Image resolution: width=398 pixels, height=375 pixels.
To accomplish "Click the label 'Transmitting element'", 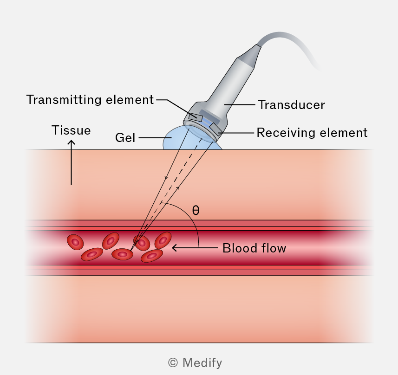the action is (x=90, y=100).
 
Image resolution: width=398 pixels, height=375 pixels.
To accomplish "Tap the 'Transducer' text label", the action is (x=291, y=105).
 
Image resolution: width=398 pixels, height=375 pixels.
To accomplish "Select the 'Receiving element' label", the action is (x=312, y=133).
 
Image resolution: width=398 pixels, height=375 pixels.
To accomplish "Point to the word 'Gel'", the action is (x=125, y=138).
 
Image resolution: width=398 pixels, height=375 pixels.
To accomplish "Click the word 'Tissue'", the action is (x=71, y=130).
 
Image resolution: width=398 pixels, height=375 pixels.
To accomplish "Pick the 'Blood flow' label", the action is (x=254, y=248).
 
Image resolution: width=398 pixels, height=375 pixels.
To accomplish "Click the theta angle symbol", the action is (x=196, y=210).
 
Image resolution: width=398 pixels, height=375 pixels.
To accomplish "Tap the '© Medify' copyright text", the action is (x=195, y=362).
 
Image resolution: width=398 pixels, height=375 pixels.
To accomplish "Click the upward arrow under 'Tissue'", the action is (x=72, y=163).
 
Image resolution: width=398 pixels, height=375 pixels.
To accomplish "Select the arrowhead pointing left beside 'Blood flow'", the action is (x=174, y=248).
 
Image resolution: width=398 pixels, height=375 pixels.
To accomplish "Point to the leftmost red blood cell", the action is (x=75, y=242).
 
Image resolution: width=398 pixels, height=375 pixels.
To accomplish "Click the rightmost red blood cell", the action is (x=163, y=240).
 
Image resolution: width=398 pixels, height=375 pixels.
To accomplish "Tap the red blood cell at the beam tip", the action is (x=122, y=254).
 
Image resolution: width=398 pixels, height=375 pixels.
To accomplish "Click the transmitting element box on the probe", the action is (x=196, y=117).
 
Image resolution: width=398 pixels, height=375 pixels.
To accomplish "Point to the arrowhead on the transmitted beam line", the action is (x=166, y=178).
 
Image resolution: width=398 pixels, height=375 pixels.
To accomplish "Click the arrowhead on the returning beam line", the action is (x=178, y=188).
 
